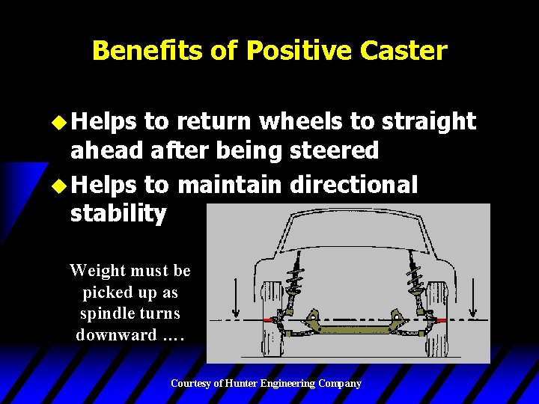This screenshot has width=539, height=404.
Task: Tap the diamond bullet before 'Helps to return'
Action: click(59, 121)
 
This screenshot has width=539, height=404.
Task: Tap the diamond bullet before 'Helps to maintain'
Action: click(59, 184)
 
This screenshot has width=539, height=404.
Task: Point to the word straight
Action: click(429, 121)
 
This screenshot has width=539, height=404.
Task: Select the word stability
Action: click(118, 214)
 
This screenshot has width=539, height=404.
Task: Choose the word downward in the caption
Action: click(116, 334)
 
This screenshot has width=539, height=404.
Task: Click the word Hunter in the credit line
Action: click(243, 383)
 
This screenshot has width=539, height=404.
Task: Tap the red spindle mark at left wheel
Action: click(268, 319)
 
